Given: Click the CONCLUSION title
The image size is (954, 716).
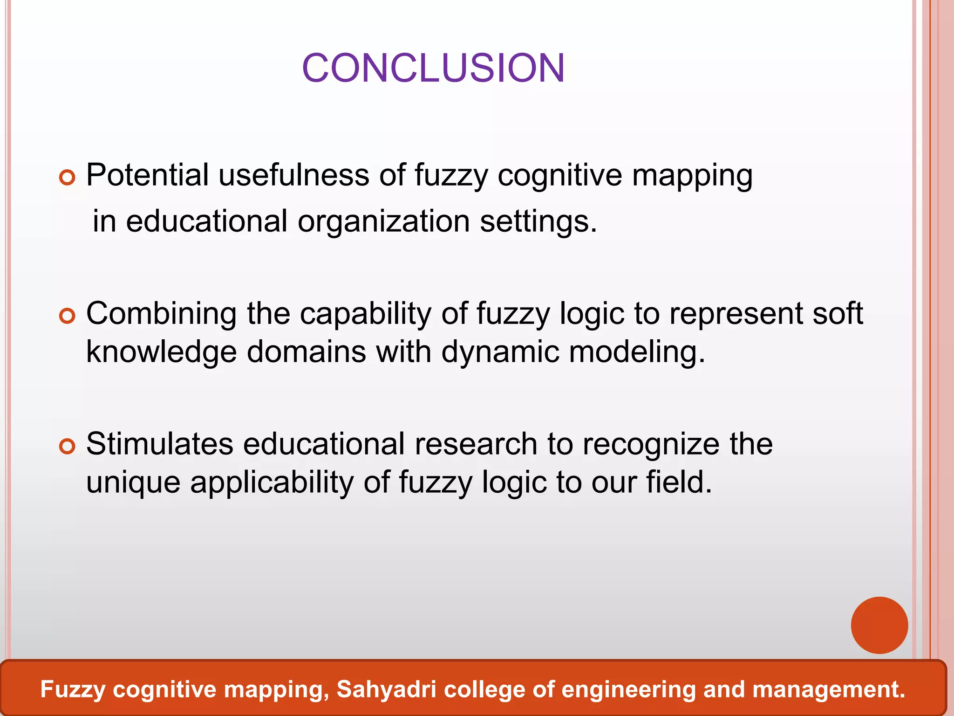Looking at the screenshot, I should pos(433,68).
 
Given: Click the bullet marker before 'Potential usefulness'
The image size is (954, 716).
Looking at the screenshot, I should pos(68,178).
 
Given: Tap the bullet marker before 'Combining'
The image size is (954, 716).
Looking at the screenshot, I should pos(68,317).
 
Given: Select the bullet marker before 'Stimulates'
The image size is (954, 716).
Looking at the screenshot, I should pos(68,447).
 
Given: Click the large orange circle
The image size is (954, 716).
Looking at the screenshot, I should pos(879,625).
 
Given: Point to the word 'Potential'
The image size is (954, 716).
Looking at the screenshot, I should pos(148,175).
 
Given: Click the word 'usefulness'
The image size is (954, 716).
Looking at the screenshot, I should pos(294,175).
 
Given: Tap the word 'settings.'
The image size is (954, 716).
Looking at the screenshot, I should pos(538,222).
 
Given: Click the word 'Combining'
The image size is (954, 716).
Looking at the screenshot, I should pos(162,314).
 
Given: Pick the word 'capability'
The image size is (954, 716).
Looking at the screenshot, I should pos(366,314).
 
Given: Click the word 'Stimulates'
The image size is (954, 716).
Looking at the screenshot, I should pos(160,444).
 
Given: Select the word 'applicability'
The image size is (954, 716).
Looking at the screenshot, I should pos(272,482).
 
